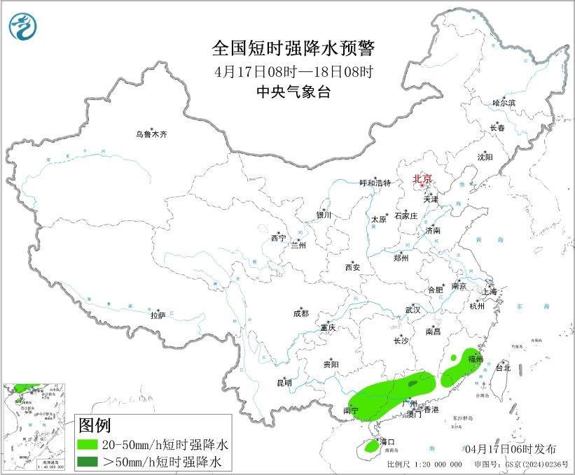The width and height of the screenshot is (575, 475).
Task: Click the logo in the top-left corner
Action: (x=22, y=27)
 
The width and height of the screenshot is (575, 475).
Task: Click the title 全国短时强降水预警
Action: (x=293, y=48)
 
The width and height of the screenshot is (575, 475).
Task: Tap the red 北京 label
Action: (x=423, y=179)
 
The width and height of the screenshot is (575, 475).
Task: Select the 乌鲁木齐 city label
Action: (x=152, y=134)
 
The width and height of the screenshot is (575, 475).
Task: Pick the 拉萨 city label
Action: (x=158, y=316)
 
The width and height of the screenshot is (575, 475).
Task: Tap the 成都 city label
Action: (x=301, y=313)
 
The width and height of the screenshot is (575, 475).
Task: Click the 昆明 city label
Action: (x=284, y=383)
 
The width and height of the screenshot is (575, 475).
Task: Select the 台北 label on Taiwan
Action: (x=503, y=367)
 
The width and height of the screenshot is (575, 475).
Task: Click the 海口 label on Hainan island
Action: (x=387, y=442)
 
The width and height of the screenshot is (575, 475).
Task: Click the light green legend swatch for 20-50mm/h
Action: (x=92, y=444)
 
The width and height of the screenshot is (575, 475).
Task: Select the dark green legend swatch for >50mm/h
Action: (x=92, y=461)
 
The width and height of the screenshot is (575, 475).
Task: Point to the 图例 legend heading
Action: (x=95, y=425)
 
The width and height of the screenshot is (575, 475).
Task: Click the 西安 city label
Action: (x=352, y=267)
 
